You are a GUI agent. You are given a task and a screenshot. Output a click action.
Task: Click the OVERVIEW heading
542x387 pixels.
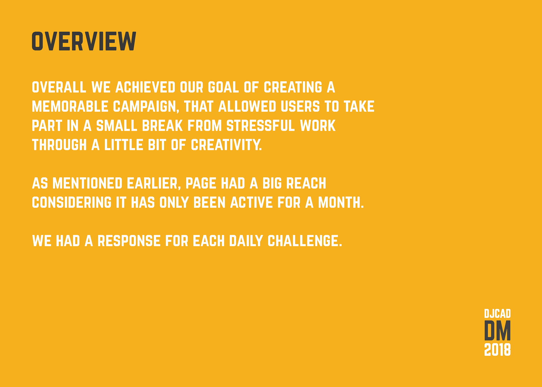(x=84, y=41)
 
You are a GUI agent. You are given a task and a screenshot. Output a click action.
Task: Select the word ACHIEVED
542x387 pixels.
(x=145, y=87)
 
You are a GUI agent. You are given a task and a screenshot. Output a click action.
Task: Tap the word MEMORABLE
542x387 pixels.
(x=70, y=106)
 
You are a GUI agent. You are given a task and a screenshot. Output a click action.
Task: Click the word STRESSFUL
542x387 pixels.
(x=261, y=126)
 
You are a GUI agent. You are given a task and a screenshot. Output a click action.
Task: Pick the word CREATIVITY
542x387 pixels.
(x=226, y=145)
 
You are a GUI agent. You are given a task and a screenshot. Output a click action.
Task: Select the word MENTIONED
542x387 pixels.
(x=87, y=183)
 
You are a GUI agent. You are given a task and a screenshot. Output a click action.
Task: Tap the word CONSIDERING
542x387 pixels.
(x=72, y=202)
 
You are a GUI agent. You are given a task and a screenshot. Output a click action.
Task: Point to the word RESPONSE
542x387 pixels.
(x=129, y=241)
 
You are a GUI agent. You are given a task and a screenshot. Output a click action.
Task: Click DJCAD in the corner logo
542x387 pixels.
(x=497, y=314)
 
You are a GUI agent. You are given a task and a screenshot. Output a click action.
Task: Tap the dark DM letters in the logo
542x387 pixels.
(x=497, y=330)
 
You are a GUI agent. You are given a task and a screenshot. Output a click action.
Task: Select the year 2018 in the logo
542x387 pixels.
(x=497, y=350)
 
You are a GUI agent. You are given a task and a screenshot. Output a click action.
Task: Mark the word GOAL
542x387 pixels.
(x=223, y=87)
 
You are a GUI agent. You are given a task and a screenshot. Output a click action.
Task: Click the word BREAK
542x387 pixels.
(x=162, y=126)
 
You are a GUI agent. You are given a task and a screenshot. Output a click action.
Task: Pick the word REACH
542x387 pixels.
(x=306, y=183)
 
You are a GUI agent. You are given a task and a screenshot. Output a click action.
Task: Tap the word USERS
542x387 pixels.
(x=300, y=106)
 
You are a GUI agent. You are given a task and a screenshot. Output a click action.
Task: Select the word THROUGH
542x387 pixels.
(x=59, y=145)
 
